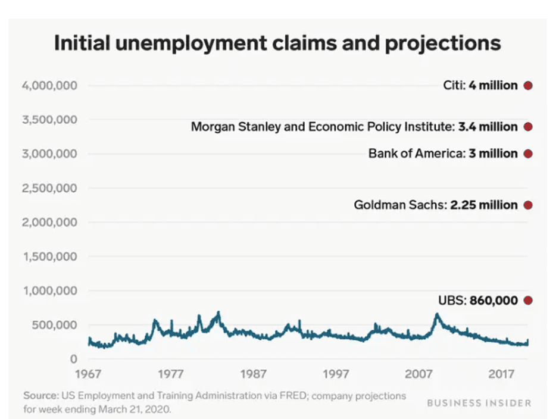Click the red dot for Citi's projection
[x=527, y=86]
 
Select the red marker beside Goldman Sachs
[x=527, y=205]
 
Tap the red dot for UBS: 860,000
[x=527, y=301]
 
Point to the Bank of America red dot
[x=527, y=154]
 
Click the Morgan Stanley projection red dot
[x=527, y=127]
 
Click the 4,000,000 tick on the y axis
[x=50, y=86]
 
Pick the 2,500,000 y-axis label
[x=50, y=188]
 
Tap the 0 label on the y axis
[x=74, y=359]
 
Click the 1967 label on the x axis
[x=89, y=374]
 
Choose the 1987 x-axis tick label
[x=254, y=374]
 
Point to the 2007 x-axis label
[x=419, y=374]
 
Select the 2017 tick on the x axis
[x=502, y=374]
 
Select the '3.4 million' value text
[x=488, y=127]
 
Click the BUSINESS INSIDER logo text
[x=479, y=403]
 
